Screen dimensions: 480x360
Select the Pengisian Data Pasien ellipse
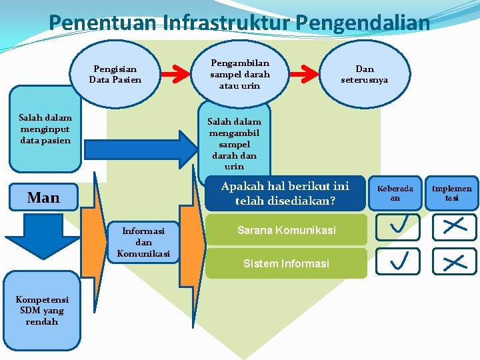pos(115,74)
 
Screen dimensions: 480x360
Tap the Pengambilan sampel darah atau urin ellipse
pos(239,74)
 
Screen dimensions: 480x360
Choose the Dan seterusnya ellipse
pos(365,74)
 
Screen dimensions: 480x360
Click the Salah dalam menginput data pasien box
pos(45,129)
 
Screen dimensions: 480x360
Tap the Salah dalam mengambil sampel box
pos(234,143)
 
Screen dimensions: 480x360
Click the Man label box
pos(43,197)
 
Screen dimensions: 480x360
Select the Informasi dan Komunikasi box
pos(143,242)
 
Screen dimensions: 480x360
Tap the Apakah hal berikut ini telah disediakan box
pos(285,193)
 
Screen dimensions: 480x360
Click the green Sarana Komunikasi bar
pos(287,230)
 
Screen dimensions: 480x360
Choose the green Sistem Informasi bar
pos(287,263)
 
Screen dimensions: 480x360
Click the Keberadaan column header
pos(395,193)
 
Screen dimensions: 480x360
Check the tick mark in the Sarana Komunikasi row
pos(397,227)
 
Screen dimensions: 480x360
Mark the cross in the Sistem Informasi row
pos(454,261)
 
